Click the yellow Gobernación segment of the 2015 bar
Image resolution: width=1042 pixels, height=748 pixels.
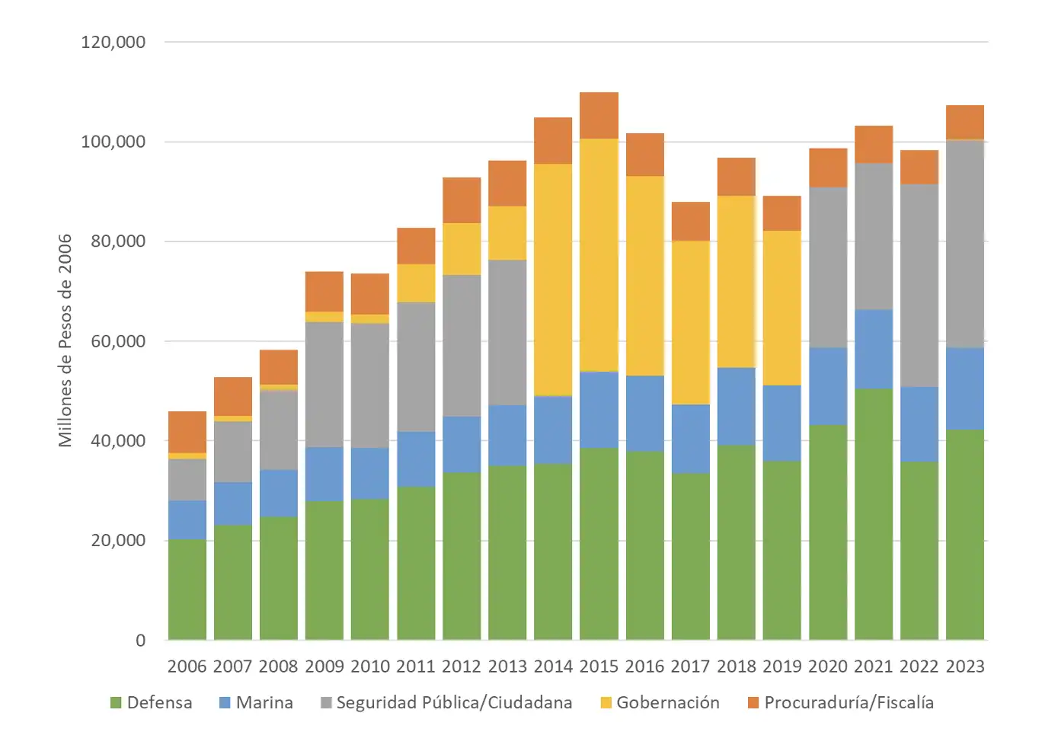pos(599,254)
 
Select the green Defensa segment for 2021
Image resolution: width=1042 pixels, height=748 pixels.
pos(874,514)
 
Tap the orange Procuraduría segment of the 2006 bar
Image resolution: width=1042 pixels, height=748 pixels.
pos(187,432)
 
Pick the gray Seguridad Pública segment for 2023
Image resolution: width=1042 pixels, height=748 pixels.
pos(965,244)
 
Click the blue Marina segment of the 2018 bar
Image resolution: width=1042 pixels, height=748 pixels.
pos(737,406)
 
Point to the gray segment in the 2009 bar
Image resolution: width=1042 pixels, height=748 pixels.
pos(324,385)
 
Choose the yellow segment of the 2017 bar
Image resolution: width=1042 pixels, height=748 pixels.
pos(691,322)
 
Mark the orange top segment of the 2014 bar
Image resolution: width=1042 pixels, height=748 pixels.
pos(553,141)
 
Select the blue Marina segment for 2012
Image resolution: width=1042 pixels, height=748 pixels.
pos(462,444)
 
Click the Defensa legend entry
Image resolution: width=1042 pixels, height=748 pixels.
pos(152,702)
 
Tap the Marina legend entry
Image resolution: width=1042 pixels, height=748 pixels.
pos(256,702)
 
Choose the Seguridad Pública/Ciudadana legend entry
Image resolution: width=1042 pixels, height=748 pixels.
pos(446,702)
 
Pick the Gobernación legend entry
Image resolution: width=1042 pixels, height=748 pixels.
pos(660,702)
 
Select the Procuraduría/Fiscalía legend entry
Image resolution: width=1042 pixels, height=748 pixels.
pos(840,702)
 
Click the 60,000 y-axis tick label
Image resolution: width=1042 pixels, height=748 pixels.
pos(117,341)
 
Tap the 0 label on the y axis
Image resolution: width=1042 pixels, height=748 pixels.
pos(140,641)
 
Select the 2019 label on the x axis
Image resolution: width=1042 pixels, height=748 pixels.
pos(782,666)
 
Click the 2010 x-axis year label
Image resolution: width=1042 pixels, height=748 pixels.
pos(370,666)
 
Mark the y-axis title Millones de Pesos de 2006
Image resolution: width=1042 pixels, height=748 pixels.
pos(66,340)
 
